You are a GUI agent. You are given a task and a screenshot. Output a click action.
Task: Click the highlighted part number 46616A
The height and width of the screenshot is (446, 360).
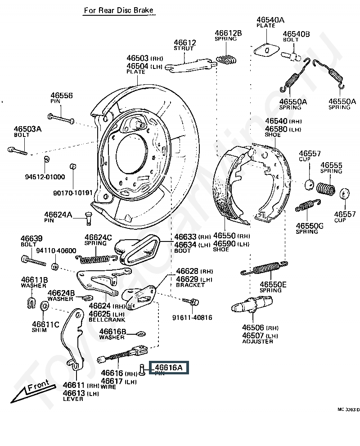pos(169,368)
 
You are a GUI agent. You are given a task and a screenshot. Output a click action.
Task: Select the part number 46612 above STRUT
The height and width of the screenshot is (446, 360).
pos(185,43)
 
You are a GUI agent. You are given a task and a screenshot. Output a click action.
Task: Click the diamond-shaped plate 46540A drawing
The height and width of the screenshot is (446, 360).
pos(265,49)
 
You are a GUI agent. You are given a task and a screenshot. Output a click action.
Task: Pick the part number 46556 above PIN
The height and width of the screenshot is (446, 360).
pos(61,96)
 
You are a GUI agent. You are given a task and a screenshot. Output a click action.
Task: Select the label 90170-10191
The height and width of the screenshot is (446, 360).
pos(72,192)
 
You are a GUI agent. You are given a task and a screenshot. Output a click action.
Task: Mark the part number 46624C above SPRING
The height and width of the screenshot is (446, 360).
pos(98,237)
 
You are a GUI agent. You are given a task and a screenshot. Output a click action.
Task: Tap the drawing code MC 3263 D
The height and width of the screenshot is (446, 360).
pos(348,410)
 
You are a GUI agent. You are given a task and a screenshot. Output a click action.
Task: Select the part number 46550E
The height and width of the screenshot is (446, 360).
pos(273,284)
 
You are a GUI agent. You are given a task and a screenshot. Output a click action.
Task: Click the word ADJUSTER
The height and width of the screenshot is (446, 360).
pos(257,341)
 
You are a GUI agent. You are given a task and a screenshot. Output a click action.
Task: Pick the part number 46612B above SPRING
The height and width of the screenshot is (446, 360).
pos(228,33)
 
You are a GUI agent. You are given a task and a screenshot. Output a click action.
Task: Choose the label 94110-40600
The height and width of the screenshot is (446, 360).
pos(56,250)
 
